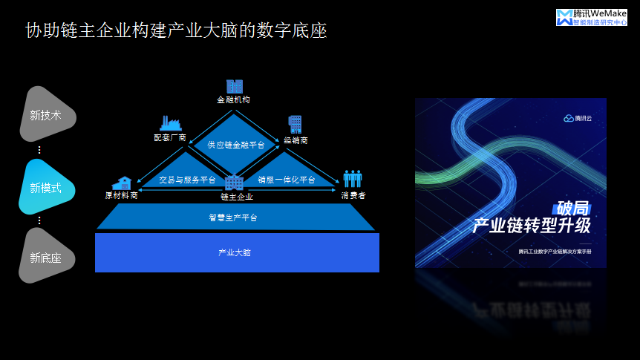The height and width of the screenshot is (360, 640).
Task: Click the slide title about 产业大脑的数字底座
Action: [176, 31]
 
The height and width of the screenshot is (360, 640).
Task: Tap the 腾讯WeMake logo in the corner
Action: [591, 17]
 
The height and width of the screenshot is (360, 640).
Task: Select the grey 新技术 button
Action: [45, 115]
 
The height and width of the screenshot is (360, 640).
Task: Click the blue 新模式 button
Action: [45, 187]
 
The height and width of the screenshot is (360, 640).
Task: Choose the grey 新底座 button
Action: [45, 258]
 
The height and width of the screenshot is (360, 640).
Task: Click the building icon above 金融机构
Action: [235, 86]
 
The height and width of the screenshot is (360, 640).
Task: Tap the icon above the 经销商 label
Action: [295, 124]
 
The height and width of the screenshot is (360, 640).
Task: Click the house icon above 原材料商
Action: [121, 183]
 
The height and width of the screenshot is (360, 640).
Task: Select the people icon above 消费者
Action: [352, 179]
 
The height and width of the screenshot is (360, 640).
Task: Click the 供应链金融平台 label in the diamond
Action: [235, 145]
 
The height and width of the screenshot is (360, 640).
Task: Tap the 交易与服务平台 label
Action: [188, 180]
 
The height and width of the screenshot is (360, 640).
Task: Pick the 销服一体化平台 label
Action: [287, 180]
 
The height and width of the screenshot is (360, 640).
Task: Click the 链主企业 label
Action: [236, 197]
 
